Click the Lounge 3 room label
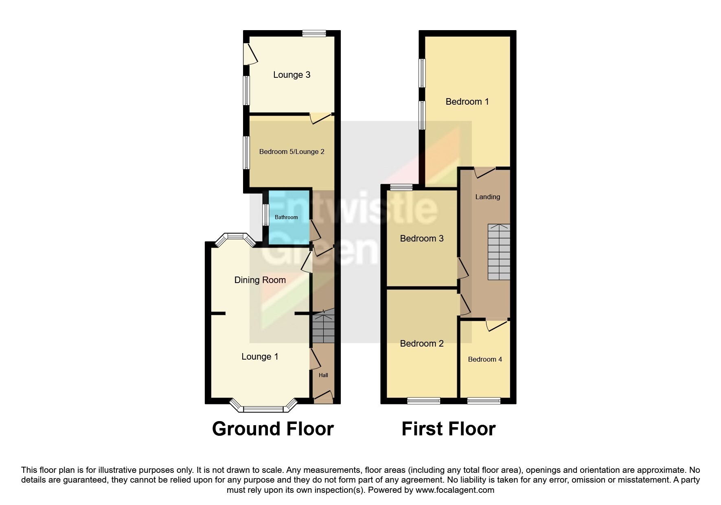tap(291, 75)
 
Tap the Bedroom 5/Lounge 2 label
tap(292, 152)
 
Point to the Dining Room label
tap(260, 280)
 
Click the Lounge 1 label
tap(260, 357)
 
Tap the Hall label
tap(323, 375)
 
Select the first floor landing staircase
tap(499, 252)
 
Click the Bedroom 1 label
tap(467, 102)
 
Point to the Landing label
tap(488, 197)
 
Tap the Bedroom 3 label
tap(422, 239)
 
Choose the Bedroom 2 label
tap(422, 344)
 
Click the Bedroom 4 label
tap(485, 359)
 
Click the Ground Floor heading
tap(273, 429)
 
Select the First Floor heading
tap(449, 429)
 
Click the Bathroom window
tap(265, 215)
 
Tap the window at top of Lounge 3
tap(314, 34)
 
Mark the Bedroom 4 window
tap(484, 401)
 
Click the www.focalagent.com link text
tap(455, 490)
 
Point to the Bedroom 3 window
tap(401, 187)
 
